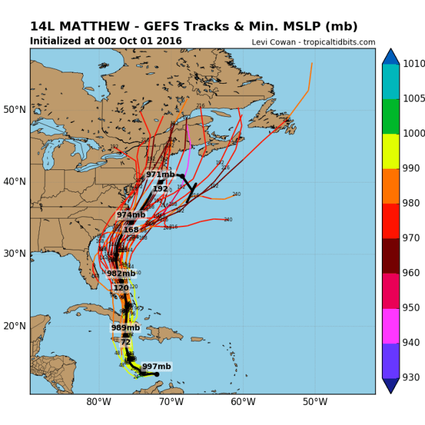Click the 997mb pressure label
click(x=157, y=367)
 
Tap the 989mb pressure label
click(x=126, y=328)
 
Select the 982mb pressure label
click(x=121, y=274)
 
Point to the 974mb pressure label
click(x=131, y=215)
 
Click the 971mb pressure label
click(x=160, y=175)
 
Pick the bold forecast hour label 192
click(x=160, y=189)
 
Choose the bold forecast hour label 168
click(x=131, y=230)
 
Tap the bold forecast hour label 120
click(x=121, y=288)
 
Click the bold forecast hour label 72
click(x=126, y=342)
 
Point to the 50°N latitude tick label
click(x=15, y=109)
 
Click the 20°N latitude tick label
click(x=15, y=325)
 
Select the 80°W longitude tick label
click(x=98, y=402)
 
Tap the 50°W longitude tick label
click(x=315, y=402)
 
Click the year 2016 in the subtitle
click(x=169, y=41)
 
